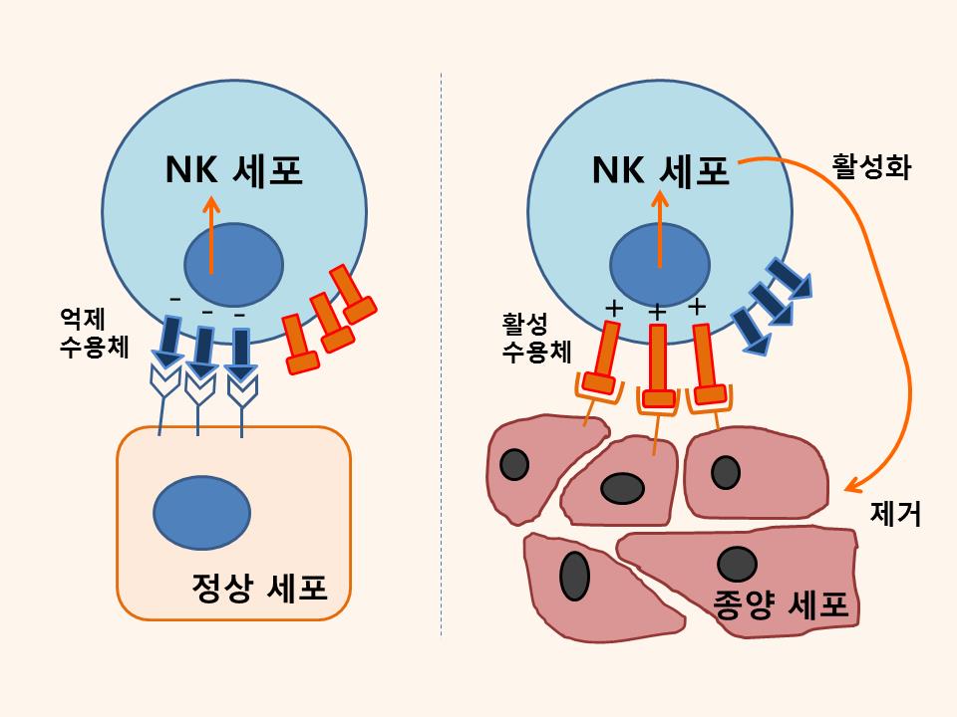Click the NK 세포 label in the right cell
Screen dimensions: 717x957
pos(660,172)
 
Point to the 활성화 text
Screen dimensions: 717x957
pos(871,163)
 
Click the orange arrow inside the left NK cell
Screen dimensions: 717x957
pos(210,234)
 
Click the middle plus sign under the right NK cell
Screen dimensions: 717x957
pos(658,313)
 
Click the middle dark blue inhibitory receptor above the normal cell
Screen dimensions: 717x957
pos(202,349)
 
